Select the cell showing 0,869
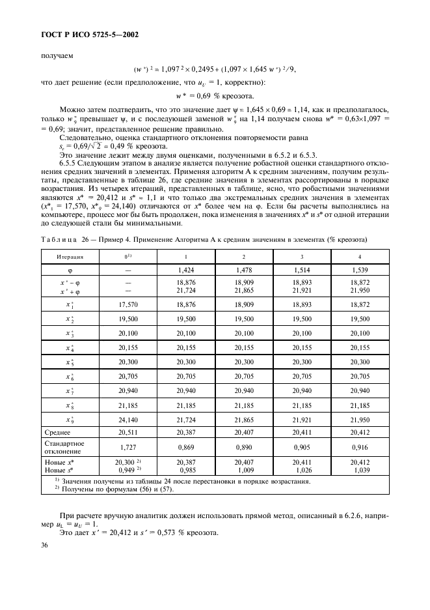point(187,446)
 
